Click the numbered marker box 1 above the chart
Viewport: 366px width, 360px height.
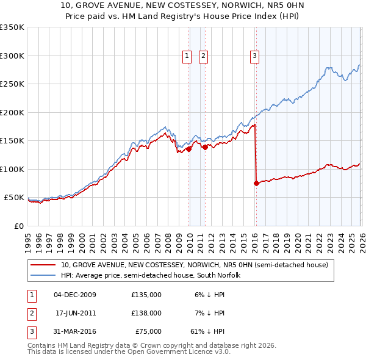[x=187, y=56]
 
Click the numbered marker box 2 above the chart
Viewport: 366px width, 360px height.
[x=203, y=56]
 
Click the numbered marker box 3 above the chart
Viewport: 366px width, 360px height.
[x=254, y=56]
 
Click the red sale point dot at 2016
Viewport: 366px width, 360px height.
[x=256, y=183]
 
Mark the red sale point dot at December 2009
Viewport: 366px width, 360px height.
[x=188, y=149]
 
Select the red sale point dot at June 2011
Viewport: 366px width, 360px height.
[x=205, y=147]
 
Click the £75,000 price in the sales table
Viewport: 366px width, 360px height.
[x=146, y=331]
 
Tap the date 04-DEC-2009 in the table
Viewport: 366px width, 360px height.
[x=75, y=295]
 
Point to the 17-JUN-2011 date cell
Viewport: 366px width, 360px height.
[x=75, y=313]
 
